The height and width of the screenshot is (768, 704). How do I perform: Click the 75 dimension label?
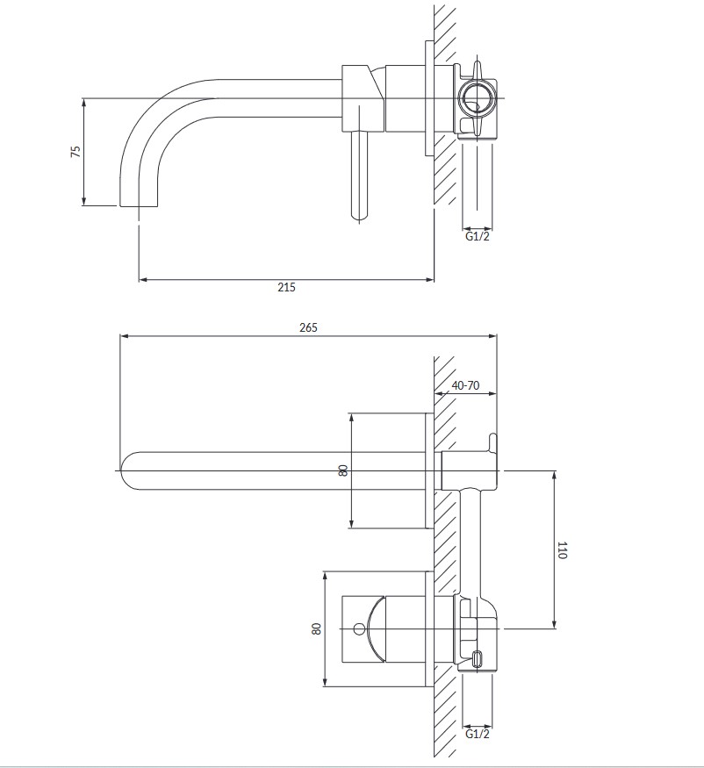(x=76, y=151)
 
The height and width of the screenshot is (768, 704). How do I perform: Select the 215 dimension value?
(x=286, y=287)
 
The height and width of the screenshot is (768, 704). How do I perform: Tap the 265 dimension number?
(x=308, y=327)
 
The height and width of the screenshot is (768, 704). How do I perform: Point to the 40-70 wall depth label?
(x=465, y=385)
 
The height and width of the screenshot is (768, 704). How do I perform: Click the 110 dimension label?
(x=562, y=550)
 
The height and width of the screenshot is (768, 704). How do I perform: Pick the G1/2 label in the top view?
(x=478, y=237)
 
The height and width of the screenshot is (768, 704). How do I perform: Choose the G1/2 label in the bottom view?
(x=478, y=734)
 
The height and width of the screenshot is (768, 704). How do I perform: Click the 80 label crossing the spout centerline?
(x=343, y=470)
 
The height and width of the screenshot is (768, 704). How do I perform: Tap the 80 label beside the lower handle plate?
(x=317, y=628)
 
